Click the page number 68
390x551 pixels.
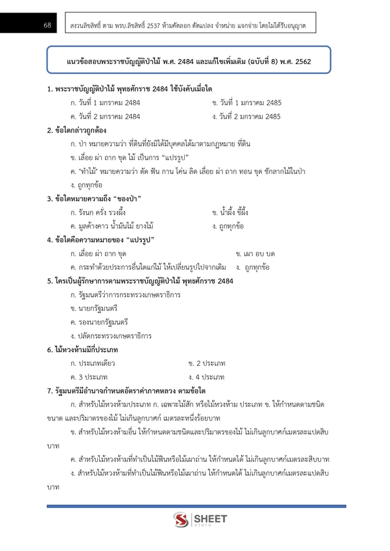tap(47, 25)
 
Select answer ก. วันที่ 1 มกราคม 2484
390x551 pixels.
tap(106, 102)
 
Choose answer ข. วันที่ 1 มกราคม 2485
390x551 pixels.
tap(246, 102)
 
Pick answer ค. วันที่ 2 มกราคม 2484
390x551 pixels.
tap(106, 116)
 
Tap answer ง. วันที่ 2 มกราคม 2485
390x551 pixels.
tap(246, 116)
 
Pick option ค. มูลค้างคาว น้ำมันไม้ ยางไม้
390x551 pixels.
tap(112, 225)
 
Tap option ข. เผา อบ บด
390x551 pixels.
tap(255, 254)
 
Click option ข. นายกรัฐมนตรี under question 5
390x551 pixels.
tap(94, 309)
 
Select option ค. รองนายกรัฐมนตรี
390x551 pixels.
tap(99, 323)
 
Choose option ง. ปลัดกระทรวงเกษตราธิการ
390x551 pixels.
tap(111, 336)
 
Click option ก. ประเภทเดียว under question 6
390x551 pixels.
tap(93, 363)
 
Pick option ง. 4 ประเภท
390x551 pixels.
tap(206, 377)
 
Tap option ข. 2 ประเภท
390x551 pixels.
tap(206, 363)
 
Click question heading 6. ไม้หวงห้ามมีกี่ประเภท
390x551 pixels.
tap(82, 350)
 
